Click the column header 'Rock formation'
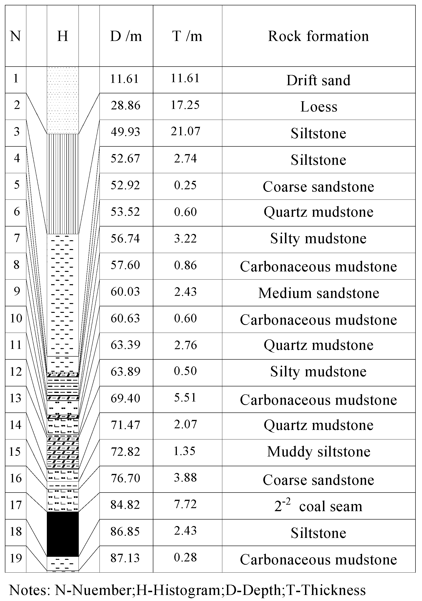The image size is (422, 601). (318, 36)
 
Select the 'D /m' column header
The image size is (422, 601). (126, 36)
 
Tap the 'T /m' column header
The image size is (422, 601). (187, 36)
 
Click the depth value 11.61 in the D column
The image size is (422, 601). (124, 79)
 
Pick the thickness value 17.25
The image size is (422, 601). (185, 105)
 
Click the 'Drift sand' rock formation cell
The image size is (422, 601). (318, 80)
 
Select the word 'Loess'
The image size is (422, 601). (319, 107)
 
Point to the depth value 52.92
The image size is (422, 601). (125, 185)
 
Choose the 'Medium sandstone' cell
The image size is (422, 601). (319, 293)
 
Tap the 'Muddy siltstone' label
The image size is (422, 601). (319, 452)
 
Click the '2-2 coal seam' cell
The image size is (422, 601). (318, 506)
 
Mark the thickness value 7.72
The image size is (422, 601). (185, 504)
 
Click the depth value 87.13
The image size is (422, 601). (125, 558)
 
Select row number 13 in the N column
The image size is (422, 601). (15, 398)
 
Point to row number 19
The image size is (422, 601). (15, 558)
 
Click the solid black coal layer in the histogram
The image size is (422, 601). (63, 534)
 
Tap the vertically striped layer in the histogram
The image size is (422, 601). (63, 183)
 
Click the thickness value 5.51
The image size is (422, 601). (185, 398)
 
